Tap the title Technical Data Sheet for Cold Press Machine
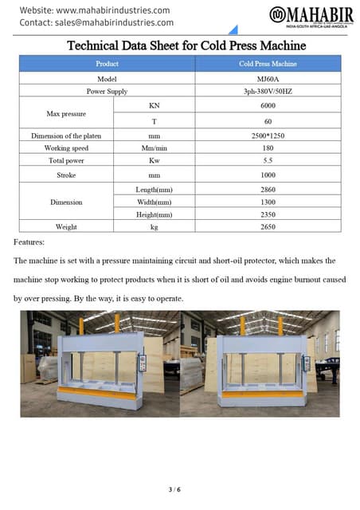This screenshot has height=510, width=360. (180, 45)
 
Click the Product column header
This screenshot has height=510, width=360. (107, 63)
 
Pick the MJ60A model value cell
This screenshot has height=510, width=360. (268, 78)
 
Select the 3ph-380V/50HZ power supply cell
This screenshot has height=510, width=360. (268, 92)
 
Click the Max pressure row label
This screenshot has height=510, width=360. (67, 114)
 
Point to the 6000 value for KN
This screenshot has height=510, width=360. (268, 106)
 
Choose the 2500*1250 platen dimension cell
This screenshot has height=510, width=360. (268, 135)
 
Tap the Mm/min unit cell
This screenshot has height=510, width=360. (155, 148)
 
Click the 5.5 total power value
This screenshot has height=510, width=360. (268, 161)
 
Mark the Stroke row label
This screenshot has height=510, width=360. (67, 175)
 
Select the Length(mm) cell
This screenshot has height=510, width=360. (155, 189)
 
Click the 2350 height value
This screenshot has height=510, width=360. (268, 214)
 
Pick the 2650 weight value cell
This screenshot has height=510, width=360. (268, 227)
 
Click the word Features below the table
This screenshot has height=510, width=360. (29, 241)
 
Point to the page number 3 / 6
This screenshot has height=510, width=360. (179, 488)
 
